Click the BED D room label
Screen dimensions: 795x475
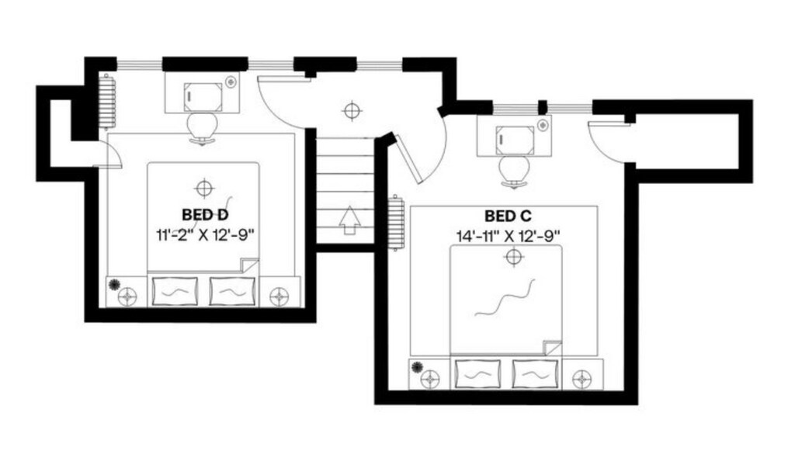205,214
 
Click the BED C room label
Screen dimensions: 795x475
508,217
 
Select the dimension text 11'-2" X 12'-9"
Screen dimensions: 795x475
205,235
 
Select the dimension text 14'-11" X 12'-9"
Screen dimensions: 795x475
508,236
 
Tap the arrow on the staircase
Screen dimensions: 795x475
349,220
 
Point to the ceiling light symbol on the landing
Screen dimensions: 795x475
351,110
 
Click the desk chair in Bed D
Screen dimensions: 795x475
203,128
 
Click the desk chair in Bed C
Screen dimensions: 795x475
515,172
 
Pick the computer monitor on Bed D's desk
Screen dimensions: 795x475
203,97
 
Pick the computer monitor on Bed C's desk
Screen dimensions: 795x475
516,140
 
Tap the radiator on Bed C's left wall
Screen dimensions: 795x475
396,223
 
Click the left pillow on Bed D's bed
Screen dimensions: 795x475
175,292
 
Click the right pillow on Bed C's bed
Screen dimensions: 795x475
535,375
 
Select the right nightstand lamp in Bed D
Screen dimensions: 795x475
279,296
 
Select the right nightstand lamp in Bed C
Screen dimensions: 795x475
581,379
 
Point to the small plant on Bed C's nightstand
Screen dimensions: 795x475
417,366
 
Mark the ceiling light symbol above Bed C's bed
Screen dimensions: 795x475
514,256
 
